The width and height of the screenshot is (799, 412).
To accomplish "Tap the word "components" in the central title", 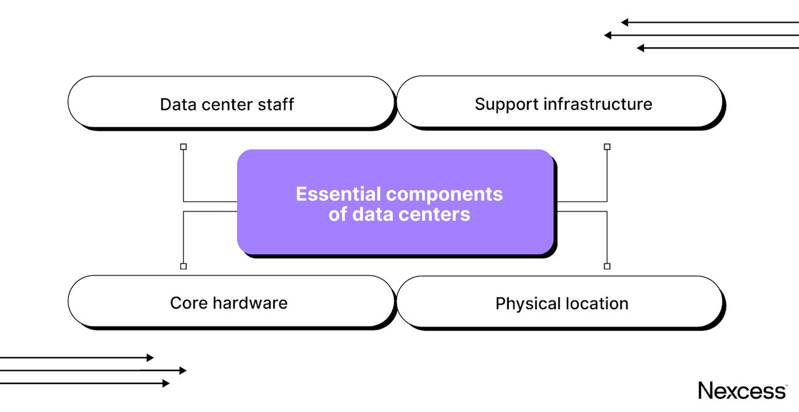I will point(444,194).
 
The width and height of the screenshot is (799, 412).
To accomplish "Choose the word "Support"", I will point(507,105).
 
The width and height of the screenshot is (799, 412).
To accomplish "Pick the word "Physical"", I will point(528,304).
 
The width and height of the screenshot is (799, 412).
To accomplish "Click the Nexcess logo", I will point(742,390).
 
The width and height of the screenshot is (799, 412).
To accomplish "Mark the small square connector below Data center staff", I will point(183,147).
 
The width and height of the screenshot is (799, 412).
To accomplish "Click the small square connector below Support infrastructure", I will point(607,147).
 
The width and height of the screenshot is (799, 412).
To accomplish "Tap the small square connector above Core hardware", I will point(183,266).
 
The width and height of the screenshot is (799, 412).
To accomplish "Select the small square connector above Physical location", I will point(607,266).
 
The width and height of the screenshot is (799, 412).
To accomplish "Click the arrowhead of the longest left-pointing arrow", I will point(608,35).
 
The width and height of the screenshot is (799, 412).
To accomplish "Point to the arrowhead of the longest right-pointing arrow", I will point(183,371).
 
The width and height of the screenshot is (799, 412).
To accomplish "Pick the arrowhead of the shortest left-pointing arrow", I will point(640,48).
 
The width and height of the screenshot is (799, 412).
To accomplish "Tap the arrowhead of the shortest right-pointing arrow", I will point(150,358).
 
